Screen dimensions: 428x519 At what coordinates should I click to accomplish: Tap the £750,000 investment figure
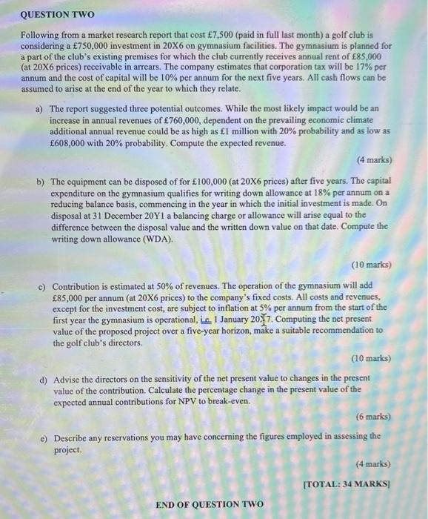pos(81,45)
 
